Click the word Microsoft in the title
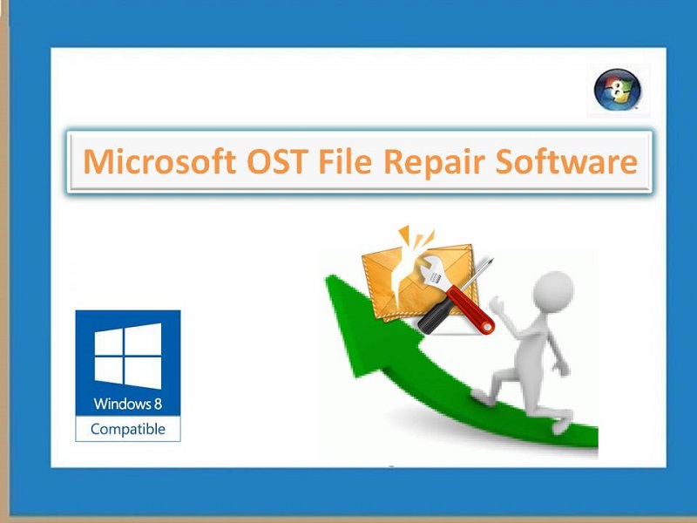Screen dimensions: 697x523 (x=159, y=161)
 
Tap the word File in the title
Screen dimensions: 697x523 (x=345, y=161)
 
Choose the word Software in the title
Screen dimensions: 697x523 (x=567, y=161)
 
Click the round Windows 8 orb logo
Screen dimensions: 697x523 (x=618, y=90)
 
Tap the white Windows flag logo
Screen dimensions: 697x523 (x=128, y=356)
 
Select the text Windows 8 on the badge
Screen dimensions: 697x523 (x=128, y=404)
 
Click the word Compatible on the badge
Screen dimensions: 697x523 (x=128, y=429)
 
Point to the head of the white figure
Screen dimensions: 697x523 (x=552, y=289)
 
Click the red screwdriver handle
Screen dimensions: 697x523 (x=471, y=309)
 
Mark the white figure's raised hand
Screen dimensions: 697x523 (x=496, y=303)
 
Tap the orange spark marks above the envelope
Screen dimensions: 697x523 (x=416, y=235)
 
